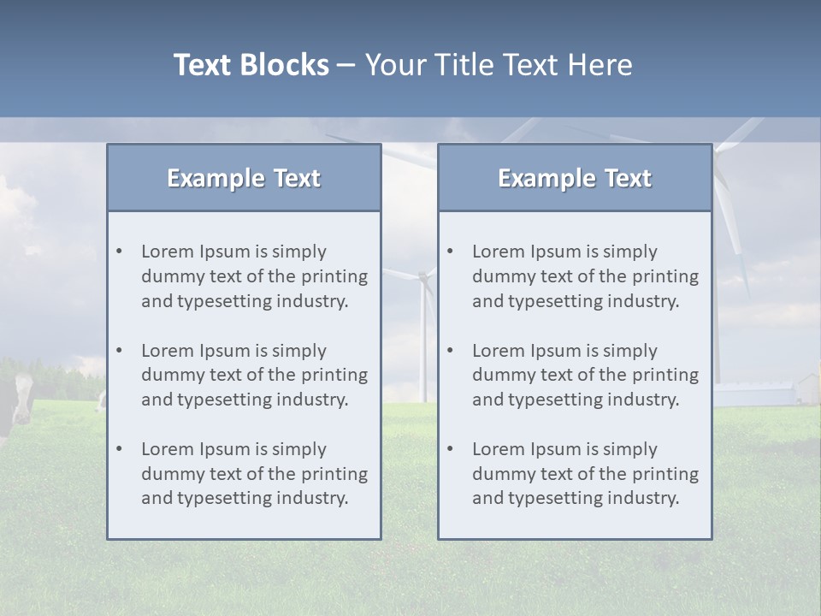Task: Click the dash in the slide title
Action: click(x=346, y=66)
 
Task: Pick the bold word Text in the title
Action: click(x=205, y=65)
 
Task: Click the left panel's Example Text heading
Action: click(x=244, y=178)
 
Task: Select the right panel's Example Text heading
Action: click(x=575, y=178)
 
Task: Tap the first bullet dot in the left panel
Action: click(x=119, y=252)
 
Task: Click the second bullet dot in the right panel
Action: click(x=450, y=351)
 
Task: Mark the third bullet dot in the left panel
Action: click(x=119, y=449)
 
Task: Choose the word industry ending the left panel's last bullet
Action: click(x=314, y=499)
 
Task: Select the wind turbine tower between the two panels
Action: click(x=422, y=342)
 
